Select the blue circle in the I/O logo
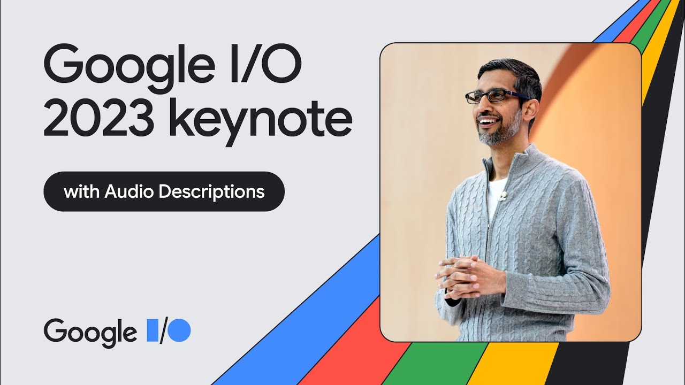click(x=180, y=330)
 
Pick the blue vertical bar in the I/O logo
click(x=151, y=330)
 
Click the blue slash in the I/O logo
click(x=163, y=330)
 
